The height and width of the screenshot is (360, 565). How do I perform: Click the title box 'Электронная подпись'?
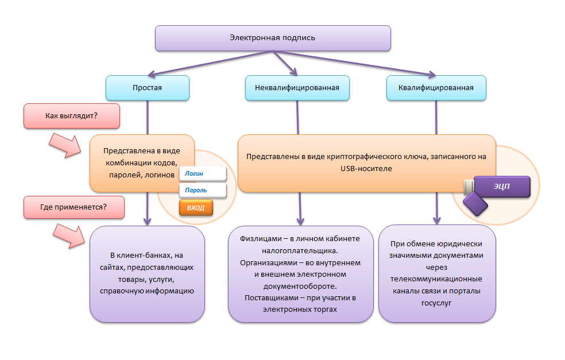(273, 38)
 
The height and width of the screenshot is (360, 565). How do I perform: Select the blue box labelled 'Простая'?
(148, 88)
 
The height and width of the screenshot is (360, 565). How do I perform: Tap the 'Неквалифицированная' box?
(297, 88)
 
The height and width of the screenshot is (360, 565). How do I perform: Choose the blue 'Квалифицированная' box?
(436, 88)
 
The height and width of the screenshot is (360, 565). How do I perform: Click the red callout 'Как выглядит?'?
(71, 116)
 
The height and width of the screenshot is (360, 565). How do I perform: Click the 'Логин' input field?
(203, 173)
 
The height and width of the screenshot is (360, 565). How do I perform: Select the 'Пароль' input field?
(203, 190)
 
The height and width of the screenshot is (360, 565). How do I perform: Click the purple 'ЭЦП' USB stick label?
(501, 187)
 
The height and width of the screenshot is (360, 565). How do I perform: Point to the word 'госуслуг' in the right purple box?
(436, 303)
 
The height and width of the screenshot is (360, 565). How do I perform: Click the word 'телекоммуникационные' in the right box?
(436, 278)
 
